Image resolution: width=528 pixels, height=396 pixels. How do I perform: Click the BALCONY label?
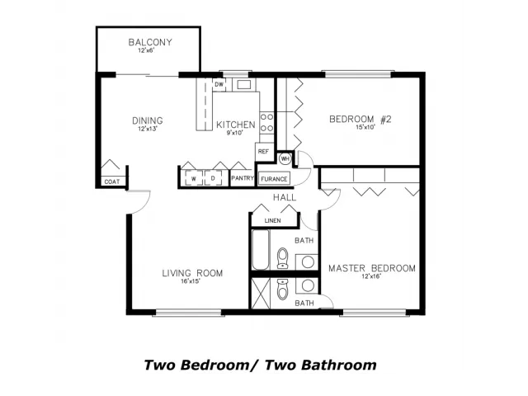150,42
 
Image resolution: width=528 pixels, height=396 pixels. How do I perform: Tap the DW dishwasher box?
219,84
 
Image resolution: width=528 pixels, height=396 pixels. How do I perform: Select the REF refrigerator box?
264,152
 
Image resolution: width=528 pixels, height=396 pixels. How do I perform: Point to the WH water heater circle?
285,158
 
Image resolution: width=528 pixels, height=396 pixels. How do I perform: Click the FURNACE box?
274,179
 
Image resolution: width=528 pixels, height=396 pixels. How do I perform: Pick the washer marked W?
194,178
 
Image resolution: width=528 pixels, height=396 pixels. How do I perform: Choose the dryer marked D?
213,178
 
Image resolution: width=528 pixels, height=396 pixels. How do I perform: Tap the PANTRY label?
243,178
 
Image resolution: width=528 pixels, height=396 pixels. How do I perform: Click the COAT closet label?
112,181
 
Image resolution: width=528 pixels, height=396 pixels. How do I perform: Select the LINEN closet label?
273,221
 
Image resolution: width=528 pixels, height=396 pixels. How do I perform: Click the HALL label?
285,198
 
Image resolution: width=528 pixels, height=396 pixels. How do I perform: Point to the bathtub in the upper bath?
261,249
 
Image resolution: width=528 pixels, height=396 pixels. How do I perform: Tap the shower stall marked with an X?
261,293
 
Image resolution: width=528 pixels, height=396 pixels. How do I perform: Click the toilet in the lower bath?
282,289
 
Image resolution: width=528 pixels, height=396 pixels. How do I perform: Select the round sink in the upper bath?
308,262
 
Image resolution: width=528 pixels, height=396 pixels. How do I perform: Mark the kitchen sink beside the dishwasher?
244,84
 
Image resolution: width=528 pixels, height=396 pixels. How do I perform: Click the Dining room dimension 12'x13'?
148,129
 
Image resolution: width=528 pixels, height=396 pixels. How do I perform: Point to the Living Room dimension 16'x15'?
191,281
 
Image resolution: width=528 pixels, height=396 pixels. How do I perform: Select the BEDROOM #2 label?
360,119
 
